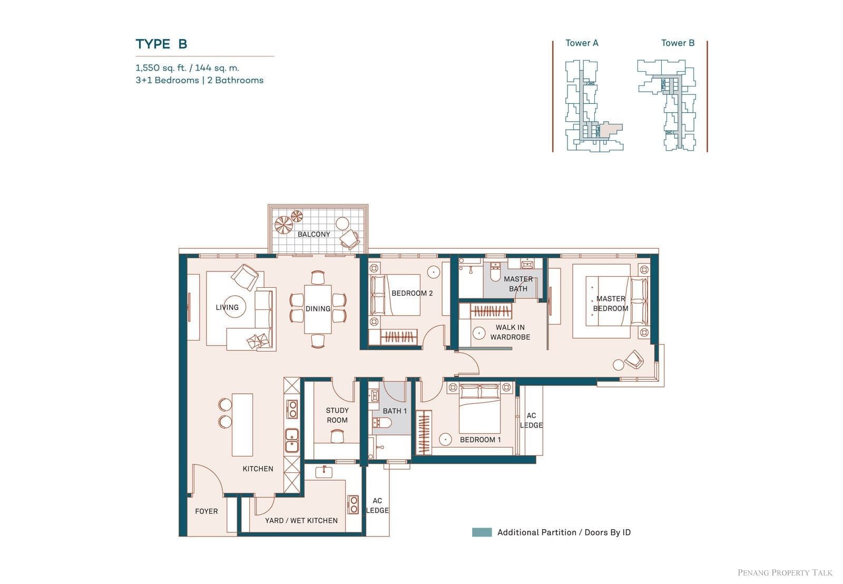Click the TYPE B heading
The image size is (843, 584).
pos(161,44)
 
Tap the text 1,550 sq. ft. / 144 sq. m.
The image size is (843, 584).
pos(188,68)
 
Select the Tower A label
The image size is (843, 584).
pos(582,43)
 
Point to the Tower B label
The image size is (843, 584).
pos(678,43)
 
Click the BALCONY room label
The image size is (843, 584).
pos(314,234)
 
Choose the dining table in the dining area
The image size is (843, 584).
pos(318,309)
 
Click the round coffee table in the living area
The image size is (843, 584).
pos(234,307)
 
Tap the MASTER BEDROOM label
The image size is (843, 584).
pos(611,304)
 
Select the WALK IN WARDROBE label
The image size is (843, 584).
pos(510,332)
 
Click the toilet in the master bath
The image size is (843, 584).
pos(495,272)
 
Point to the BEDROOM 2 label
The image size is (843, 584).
pos(412,294)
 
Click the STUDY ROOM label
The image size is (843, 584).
pos(337,415)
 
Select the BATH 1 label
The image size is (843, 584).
pos(395,411)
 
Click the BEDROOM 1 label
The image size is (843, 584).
pos(480,440)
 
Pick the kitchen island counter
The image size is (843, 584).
pos(242,425)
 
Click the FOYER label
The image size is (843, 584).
pos(206,511)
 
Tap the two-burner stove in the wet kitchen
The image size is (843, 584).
pos(353,504)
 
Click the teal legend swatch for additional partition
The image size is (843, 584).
pos(482,532)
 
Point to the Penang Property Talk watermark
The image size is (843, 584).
pos(785,573)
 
